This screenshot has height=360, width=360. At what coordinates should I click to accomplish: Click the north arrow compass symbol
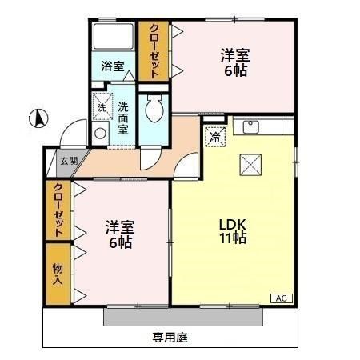coord(36,122)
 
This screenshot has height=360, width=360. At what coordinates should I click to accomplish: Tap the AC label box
coord(282,298)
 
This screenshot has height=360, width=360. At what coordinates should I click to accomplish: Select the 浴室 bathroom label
coord(113,66)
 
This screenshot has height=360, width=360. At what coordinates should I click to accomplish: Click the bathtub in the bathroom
coord(113,38)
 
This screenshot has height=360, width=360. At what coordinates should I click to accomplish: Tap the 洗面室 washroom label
coord(124,117)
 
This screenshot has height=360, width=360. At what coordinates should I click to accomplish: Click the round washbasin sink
coord(101,134)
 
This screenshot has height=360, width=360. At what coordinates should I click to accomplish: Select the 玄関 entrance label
coord(69,160)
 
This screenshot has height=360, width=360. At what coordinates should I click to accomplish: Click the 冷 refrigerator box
coord(214,136)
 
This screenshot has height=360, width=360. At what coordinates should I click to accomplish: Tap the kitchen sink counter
coord(255,127)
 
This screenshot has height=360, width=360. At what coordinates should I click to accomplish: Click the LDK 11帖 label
coord(233,230)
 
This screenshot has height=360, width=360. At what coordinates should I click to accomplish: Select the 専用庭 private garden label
coord(170,337)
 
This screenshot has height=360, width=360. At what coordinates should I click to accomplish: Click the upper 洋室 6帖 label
coord(235,63)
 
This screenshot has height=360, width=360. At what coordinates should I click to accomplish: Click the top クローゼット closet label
coord(153,50)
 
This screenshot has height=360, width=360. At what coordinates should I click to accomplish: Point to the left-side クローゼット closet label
coord(58,210)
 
